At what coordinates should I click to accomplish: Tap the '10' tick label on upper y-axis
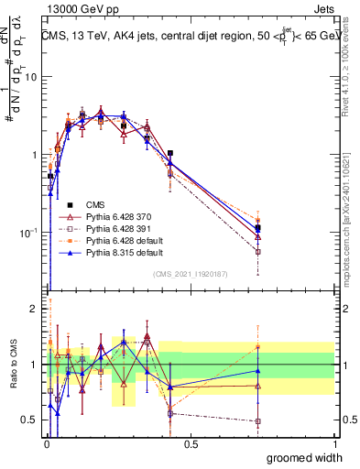pos(29,77)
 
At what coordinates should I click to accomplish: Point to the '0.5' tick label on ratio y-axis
pos(27,420)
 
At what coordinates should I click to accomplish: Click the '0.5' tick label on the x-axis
pos(191,442)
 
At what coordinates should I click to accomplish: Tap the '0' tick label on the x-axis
pos(46,442)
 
